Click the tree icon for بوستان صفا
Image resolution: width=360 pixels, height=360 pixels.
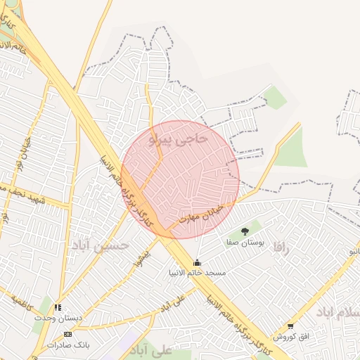(244, 231)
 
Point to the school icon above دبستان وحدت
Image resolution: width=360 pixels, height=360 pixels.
(58, 307)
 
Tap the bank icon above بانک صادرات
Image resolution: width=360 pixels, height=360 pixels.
(67, 334)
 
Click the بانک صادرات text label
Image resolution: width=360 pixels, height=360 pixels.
(67, 345)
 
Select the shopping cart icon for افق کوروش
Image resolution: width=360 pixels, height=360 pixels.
(290, 326)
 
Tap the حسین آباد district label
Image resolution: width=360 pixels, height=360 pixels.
(100, 245)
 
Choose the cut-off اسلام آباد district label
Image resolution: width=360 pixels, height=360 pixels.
(339, 311)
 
